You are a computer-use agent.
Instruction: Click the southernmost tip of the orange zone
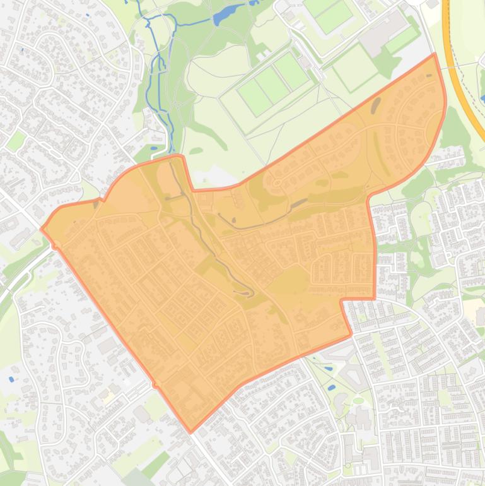coord(191,432)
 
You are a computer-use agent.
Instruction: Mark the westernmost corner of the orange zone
coord(42,228)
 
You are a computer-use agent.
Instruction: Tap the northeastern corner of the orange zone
coord(435,55)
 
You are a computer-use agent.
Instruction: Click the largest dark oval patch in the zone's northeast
coord(377,105)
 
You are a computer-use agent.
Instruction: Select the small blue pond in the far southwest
coord(11,379)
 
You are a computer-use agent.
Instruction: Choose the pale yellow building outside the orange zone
coord(109,397)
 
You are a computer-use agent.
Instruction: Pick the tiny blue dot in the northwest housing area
coord(21,49)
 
